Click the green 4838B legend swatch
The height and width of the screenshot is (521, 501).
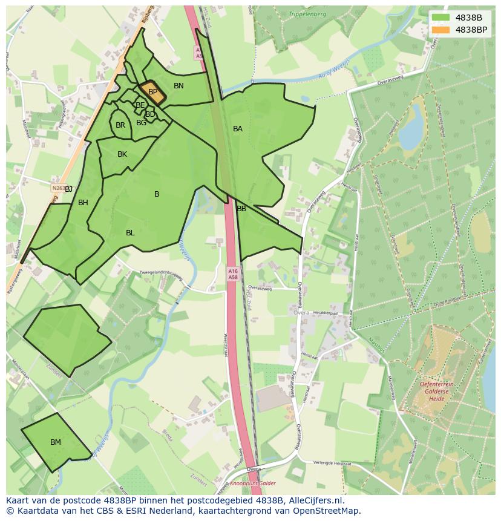pos(440,18)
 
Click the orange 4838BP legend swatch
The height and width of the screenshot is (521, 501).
pos(440,30)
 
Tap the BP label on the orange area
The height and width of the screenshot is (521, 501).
pos(152,92)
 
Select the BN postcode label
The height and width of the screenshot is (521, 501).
pos(178,86)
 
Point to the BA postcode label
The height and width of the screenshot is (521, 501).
pos(238,129)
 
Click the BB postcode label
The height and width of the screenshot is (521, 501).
pos(241,209)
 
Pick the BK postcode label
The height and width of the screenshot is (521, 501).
pos(122,154)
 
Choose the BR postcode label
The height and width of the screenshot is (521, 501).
pos(120,125)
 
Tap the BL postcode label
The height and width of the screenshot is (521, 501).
pos(130,233)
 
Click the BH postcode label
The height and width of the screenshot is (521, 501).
pos(83,203)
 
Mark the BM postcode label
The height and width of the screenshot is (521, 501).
pos(56,442)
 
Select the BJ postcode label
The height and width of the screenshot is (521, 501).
pos(69,189)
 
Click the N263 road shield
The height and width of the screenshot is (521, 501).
pos(57,188)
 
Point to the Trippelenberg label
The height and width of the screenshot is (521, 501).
pos(307,14)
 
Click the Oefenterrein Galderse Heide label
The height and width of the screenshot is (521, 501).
pos(437,391)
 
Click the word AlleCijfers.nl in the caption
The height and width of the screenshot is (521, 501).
pos(314,500)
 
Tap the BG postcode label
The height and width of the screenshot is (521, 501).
pos(142,123)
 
